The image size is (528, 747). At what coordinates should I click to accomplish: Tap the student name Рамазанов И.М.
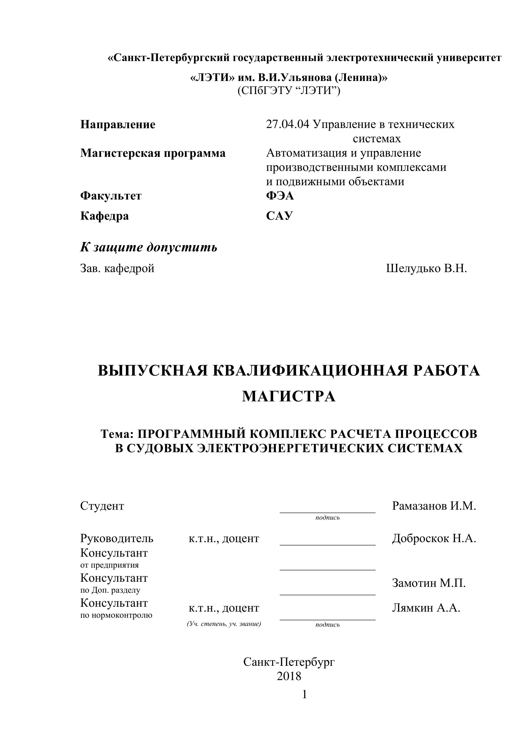434,506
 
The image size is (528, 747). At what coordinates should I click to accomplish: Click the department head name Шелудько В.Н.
426,269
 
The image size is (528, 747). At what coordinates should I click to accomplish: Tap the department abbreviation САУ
279,216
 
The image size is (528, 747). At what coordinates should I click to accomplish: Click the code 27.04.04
287,124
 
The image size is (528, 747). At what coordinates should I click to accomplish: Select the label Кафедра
104,216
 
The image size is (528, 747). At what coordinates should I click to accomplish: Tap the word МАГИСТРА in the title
289,396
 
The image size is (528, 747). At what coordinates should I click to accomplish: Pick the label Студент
102,506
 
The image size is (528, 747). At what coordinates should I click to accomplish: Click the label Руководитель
117,539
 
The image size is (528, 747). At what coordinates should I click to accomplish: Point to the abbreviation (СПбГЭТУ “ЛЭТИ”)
289,90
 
